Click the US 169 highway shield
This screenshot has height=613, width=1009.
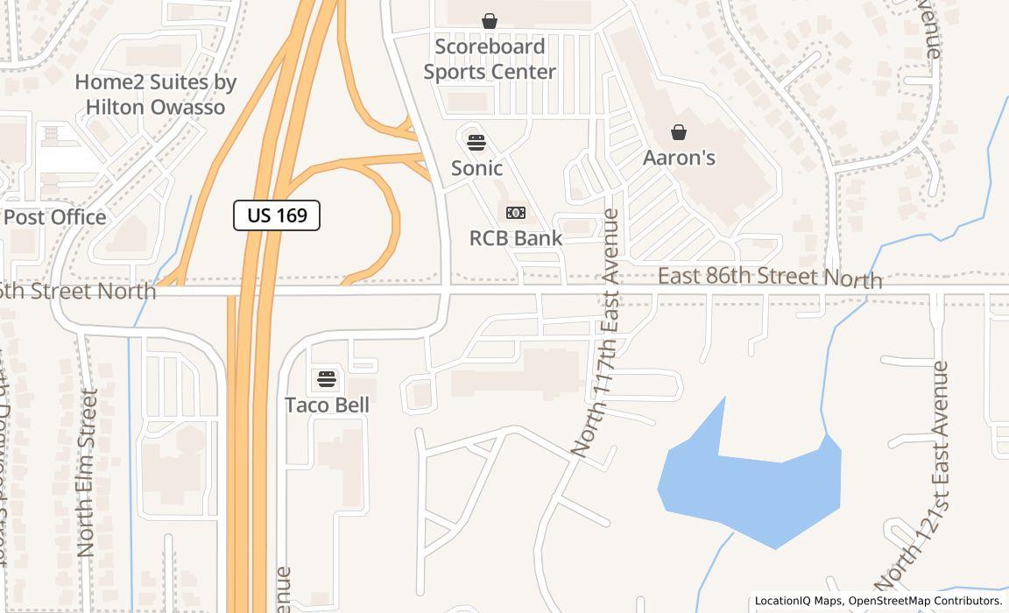tap(277, 215)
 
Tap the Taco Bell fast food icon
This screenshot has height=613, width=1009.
tap(326, 379)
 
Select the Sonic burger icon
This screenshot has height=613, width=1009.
tap(476, 142)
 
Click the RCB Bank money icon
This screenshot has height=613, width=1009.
tap(516, 213)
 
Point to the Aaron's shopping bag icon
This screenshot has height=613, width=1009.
tap(678, 132)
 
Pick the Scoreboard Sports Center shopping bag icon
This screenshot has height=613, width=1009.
tap(490, 20)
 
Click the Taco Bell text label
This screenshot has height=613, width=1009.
tap(327, 405)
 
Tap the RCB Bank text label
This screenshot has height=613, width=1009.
tap(516, 238)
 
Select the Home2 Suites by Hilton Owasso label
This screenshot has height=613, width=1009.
tap(155, 95)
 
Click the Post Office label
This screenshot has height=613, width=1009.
tap(55, 217)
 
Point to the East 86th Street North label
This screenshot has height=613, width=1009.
tap(769, 278)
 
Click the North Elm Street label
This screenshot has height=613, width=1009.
tap(86, 473)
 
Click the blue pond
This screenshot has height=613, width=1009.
tap(753, 490)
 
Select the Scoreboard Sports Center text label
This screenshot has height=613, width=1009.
tap(490, 59)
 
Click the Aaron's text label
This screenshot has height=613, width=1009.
tap(679, 158)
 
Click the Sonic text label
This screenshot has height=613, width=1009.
tap(476, 168)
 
